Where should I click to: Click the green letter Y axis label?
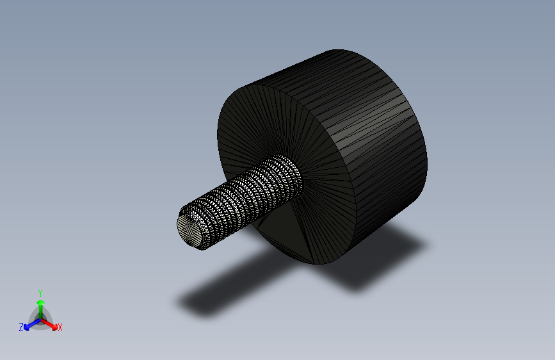(x=40, y=293)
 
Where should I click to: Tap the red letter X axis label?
(x=60, y=327)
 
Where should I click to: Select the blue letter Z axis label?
(x=21, y=327)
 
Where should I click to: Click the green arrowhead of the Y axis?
(x=41, y=303)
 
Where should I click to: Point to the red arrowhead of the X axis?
(x=54, y=327)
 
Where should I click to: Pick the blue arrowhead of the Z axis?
(x=26, y=328)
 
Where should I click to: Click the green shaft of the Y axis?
(x=41, y=312)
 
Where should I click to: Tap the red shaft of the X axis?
(x=47, y=323)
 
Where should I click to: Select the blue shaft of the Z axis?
(x=35, y=323)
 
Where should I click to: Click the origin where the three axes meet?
(x=41, y=320)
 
